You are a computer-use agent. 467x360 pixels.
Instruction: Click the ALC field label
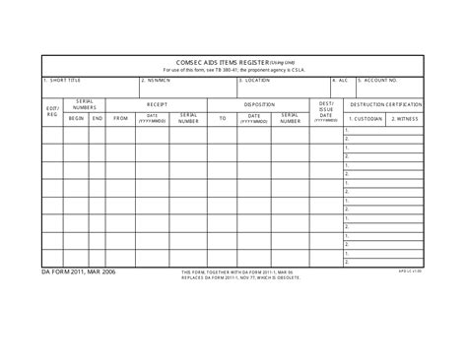tap(340, 81)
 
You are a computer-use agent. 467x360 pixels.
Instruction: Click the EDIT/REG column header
tap(53, 111)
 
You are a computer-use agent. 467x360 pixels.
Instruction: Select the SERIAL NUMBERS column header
tap(86, 103)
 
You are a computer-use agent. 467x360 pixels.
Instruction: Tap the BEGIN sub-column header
tap(77, 118)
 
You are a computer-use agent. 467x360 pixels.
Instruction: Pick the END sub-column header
tap(98, 118)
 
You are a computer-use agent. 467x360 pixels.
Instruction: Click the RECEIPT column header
tap(158, 103)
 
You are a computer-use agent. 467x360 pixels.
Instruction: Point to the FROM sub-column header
tap(121, 118)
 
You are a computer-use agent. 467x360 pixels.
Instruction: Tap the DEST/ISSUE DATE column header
tap(326, 110)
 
